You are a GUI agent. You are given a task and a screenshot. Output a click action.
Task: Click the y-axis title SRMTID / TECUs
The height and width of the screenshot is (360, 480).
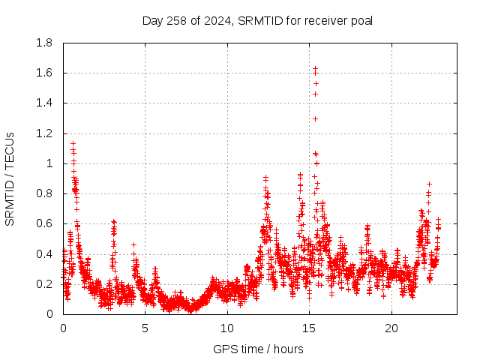coord(10,178)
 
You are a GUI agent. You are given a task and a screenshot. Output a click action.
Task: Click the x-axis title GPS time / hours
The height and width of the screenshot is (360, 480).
coord(258,349)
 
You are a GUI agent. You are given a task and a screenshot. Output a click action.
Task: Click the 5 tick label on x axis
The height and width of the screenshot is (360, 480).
coord(145,328)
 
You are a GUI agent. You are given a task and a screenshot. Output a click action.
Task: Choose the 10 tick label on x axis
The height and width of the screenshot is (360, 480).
coord(227,328)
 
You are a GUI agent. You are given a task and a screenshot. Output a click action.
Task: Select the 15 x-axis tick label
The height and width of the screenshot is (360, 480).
coord(309,328)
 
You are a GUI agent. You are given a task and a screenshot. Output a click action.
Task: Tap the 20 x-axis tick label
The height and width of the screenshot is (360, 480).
coord(391,328)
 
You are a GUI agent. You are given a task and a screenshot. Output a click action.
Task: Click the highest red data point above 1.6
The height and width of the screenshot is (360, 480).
coord(316,69)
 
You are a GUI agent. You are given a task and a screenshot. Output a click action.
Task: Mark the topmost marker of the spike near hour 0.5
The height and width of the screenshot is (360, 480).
coord(73,143)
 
